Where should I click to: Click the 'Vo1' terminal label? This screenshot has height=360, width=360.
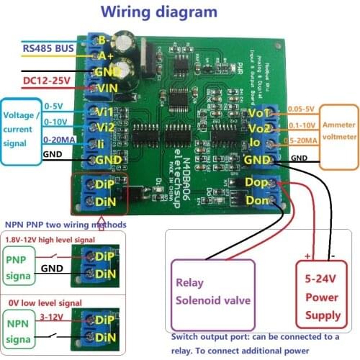[x=257, y=113]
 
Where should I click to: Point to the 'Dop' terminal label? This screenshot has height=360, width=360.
[x=257, y=184]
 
